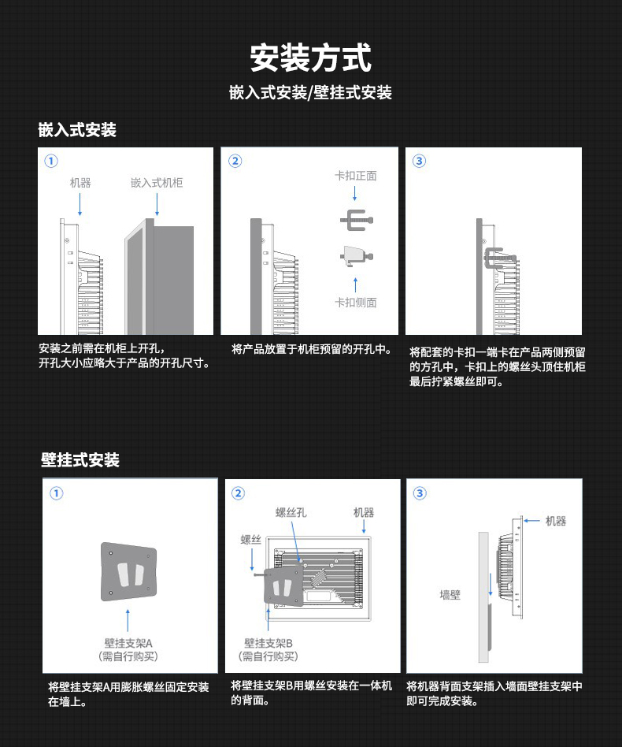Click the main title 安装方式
pos(310,58)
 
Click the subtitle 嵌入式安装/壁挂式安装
pos(310,93)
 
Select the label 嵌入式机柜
pos(157,183)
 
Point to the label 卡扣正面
pos(356,176)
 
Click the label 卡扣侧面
pos(356,302)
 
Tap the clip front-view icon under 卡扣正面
pos(356,221)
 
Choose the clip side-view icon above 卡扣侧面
pos(356,255)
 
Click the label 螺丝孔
pos(291,512)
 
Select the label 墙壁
pos(450,595)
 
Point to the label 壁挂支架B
pos(268,643)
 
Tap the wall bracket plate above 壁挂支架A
pos(129,573)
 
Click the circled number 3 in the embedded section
pos(419,161)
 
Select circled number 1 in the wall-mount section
pos(56,493)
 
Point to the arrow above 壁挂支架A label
pos(128,619)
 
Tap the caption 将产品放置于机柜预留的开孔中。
pos(312,348)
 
